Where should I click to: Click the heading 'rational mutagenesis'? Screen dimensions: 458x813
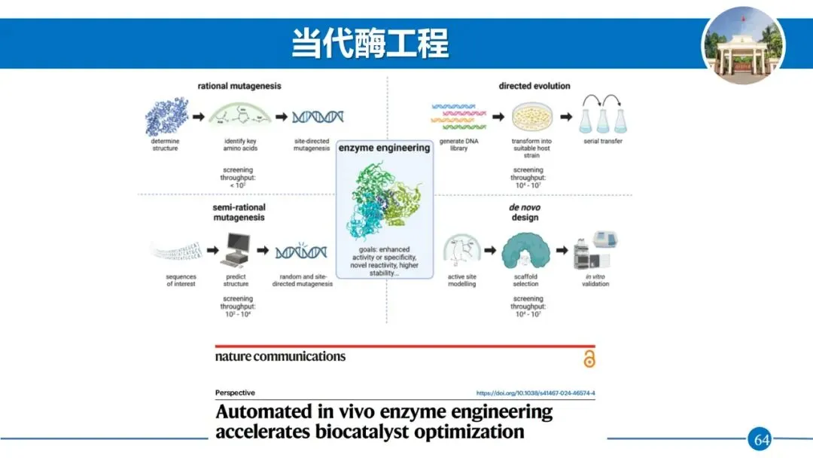239,86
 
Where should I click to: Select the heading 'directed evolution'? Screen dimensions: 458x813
534,86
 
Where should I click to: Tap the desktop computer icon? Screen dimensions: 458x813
236,252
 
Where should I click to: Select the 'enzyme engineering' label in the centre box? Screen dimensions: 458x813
384,148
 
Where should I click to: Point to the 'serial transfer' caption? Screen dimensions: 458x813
603,141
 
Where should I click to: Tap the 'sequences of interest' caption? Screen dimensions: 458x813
181,280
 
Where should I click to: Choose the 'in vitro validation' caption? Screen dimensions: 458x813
595,280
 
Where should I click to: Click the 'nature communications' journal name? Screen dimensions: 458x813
280,356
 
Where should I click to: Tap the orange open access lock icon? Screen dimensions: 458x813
589,359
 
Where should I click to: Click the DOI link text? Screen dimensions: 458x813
535,393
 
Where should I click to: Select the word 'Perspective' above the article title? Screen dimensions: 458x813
235,392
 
